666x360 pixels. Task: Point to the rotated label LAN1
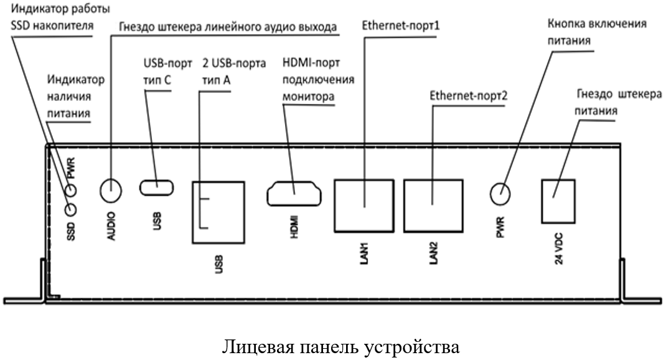click(364, 253)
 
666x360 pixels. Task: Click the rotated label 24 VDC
click(558, 249)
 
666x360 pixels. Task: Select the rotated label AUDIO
click(111, 226)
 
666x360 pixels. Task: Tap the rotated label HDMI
click(294, 227)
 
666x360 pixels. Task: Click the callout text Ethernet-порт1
click(401, 26)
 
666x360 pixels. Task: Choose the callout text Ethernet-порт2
click(469, 95)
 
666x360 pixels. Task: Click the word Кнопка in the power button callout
click(566, 24)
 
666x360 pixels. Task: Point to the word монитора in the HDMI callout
click(308, 97)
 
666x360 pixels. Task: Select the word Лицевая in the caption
click(258, 346)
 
